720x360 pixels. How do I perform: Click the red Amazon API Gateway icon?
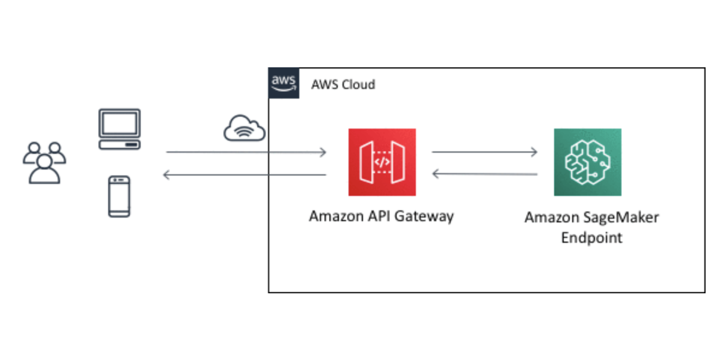[x=382, y=162]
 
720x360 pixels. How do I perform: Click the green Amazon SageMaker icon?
[x=587, y=162]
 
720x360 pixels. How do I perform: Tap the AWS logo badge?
[x=284, y=83]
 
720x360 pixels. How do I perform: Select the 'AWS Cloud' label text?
[x=343, y=84]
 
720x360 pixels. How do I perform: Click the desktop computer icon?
[x=119, y=129]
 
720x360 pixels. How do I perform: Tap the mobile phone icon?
[x=119, y=196]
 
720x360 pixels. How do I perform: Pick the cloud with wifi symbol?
[x=245, y=128]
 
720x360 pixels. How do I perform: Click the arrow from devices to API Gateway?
[x=246, y=152]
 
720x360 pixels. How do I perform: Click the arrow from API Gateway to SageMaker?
[x=484, y=152]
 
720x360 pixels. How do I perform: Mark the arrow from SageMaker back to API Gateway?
[x=484, y=174]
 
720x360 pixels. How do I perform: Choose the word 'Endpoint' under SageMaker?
[x=591, y=237]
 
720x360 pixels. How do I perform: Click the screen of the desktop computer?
[x=119, y=123]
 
